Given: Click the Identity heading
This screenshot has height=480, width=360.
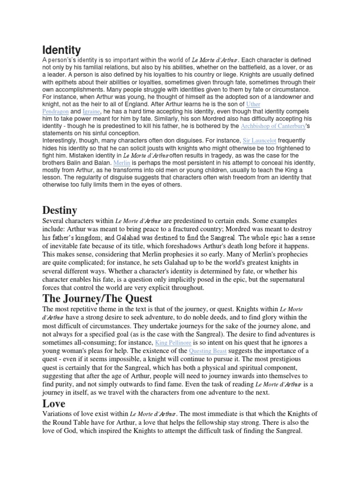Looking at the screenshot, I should click(61, 50).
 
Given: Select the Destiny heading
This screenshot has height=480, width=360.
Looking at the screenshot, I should click(60, 209).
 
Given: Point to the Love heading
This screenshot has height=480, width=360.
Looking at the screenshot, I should click(54, 403).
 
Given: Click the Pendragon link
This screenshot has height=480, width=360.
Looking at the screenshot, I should click(55, 112).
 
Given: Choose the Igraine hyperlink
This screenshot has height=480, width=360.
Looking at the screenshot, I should click(91, 112).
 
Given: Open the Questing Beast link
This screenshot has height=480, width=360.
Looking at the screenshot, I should click(210, 351).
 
